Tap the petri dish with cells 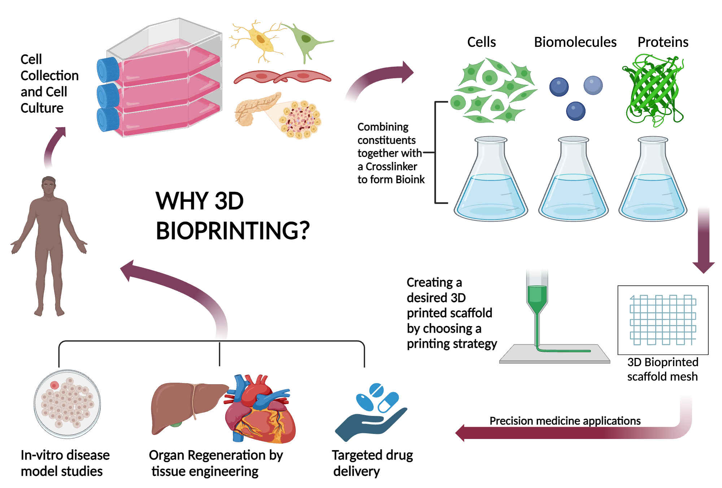[67, 404]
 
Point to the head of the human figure [49, 186]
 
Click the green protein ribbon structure [653, 90]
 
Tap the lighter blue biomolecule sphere [593, 85]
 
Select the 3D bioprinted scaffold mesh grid [663, 320]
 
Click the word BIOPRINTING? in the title [232, 231]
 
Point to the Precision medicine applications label [565, 421]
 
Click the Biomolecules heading [575, 42]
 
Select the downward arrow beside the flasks [703, 241]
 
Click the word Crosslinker [391, 167]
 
